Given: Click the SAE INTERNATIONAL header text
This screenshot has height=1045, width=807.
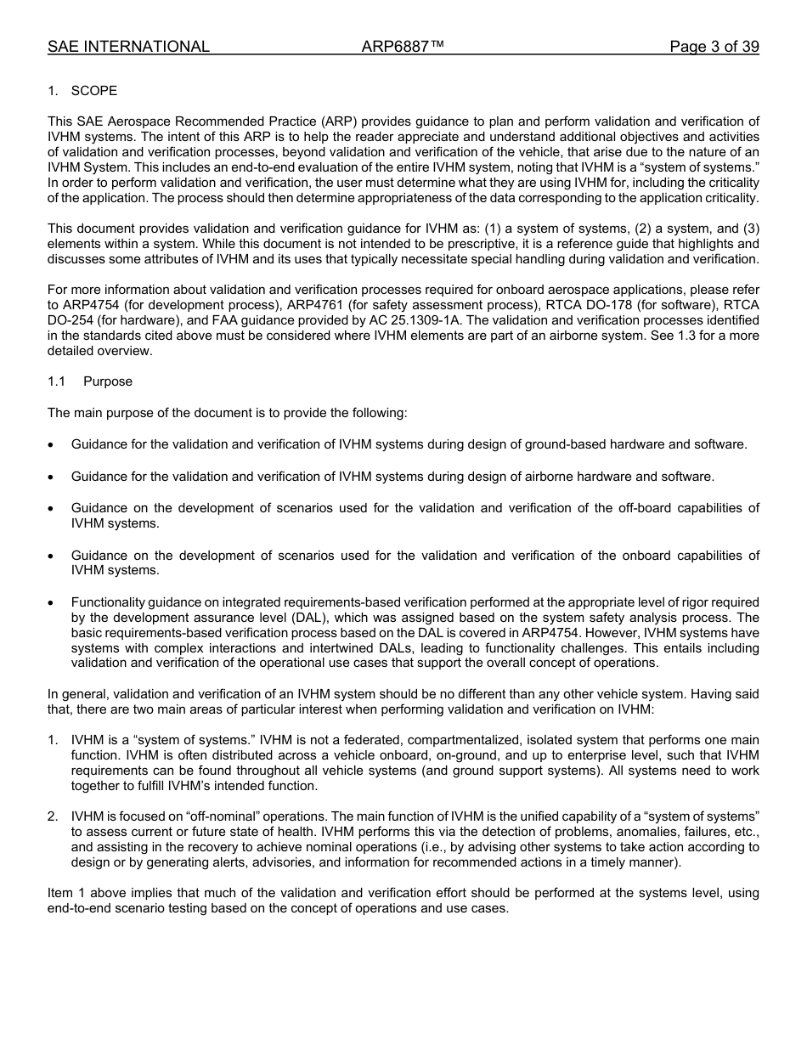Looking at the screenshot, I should coord(128,47).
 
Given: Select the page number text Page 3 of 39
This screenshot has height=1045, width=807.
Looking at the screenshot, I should coord(714,47).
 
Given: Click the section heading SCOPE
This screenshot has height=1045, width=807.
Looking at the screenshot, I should coord(94,91).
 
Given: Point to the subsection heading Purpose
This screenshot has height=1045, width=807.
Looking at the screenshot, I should coord(108,381).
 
